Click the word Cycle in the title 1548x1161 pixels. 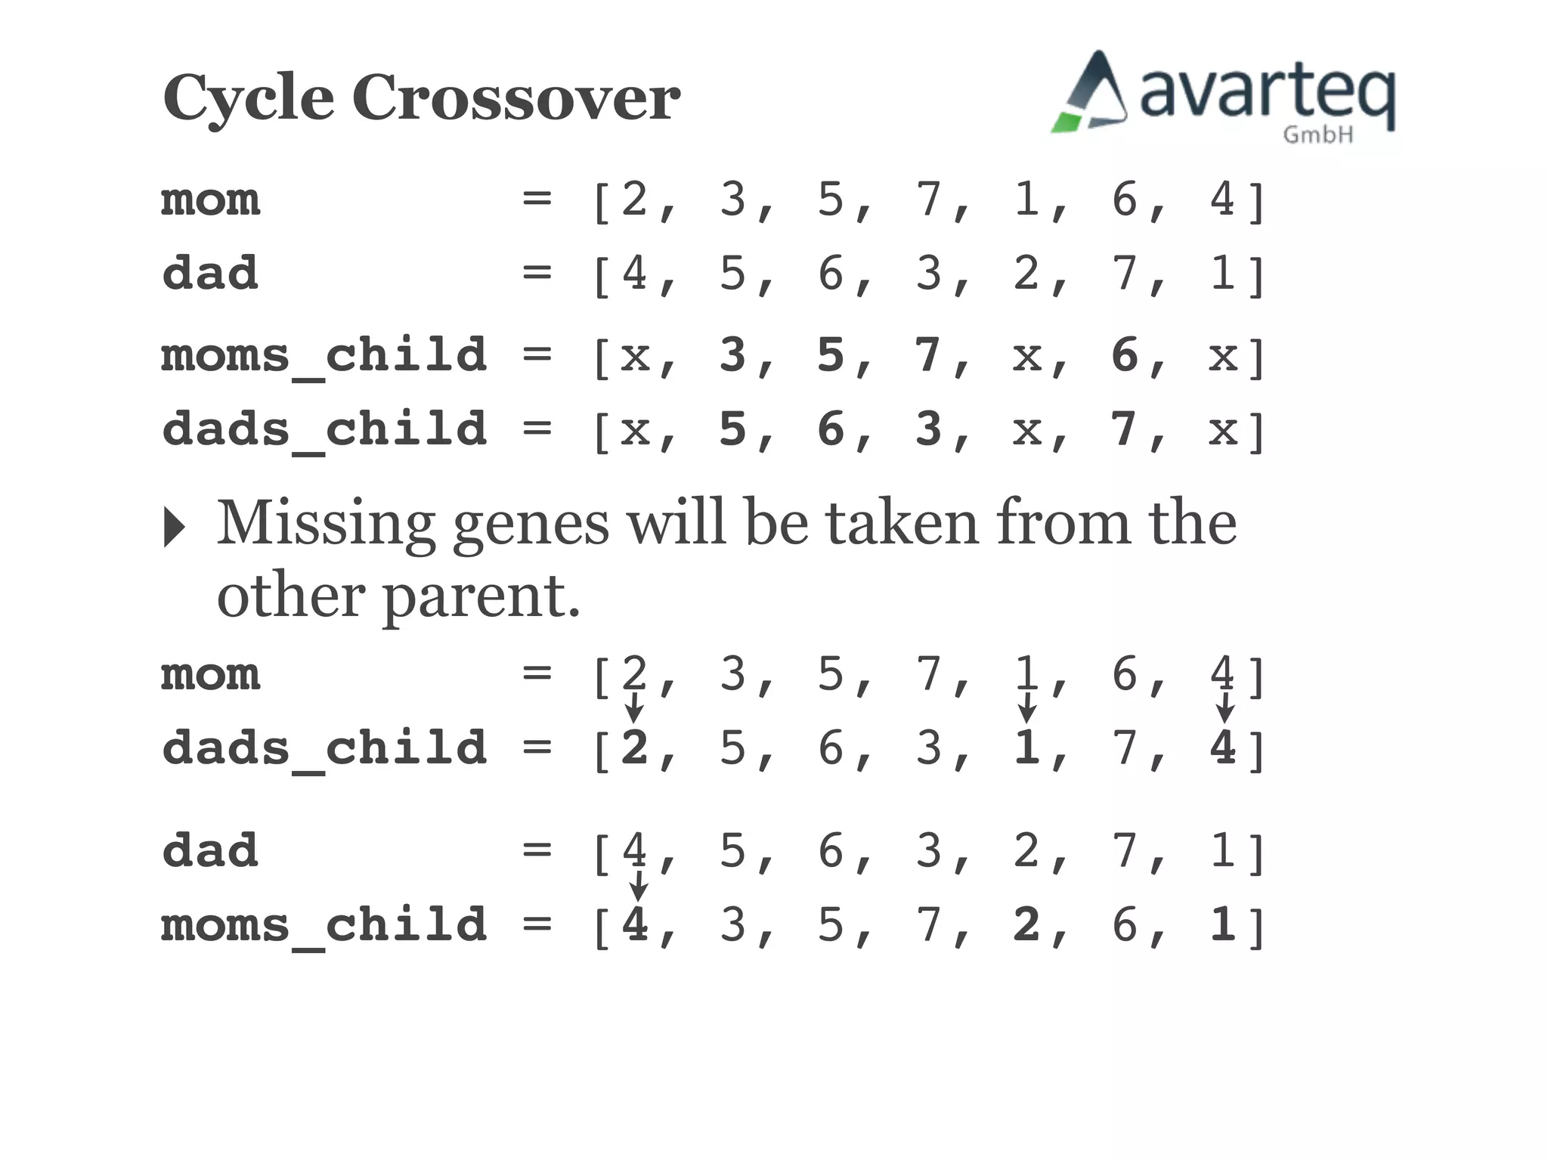[x=248, y=98]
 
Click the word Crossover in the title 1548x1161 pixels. [x=516, y=98]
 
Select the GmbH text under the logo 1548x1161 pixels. [x=1317, y=135]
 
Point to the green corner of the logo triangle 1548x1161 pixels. [x=1067, y=122]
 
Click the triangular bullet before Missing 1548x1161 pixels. [x=175, y=527]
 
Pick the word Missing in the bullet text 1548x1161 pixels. [x=326, y=523]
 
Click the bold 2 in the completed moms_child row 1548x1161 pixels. [x=1026, y=924]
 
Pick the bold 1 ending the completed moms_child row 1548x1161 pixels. [x=1222, y=924]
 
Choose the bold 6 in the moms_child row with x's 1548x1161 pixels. [x=1125, y=354]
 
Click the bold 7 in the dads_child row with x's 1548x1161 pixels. [x=1125, y=429]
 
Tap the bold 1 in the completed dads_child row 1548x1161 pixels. [x=1026, y=748]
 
